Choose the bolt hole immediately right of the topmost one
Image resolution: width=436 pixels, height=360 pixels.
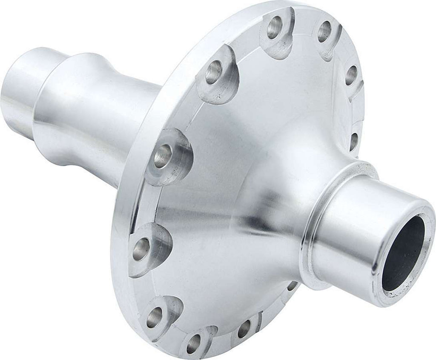coord(324,31)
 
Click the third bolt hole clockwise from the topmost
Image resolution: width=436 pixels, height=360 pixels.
coord(351,75)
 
